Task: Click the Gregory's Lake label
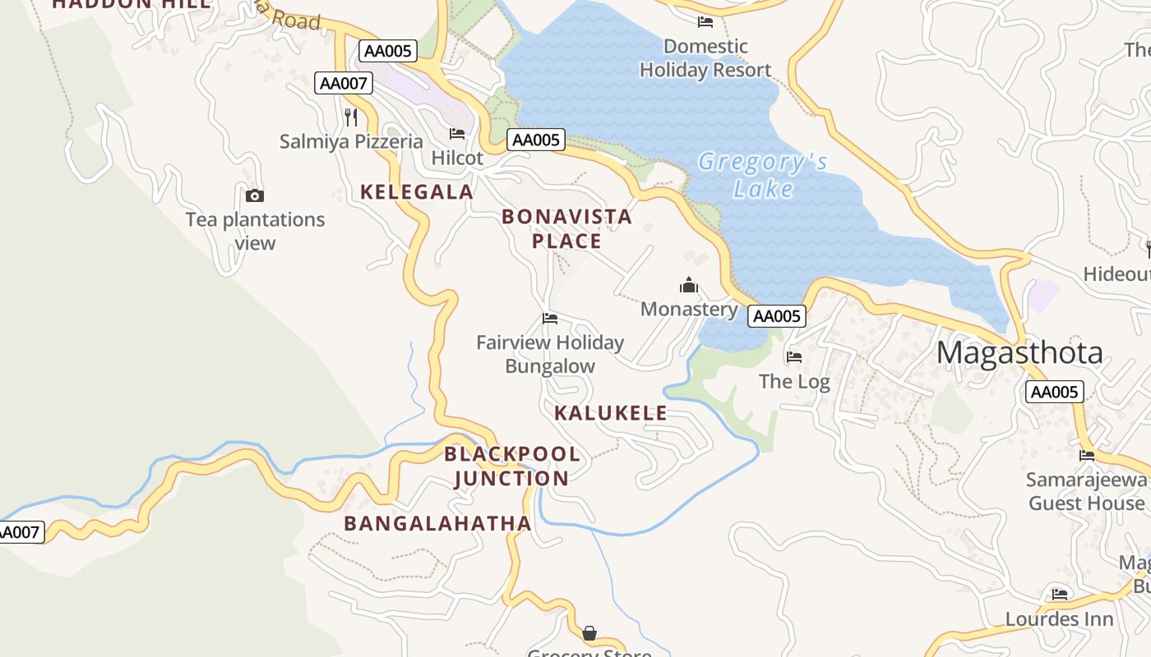click(x=762, y=175)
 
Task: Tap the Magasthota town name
click(x=1019, y=352)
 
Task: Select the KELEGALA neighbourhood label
click(x=417, y=192)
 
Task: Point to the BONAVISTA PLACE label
click(x=566, y=228)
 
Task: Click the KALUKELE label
click(x=611, y=413)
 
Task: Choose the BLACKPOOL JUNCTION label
click(x=511, y=466)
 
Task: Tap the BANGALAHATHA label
click(x=437, y=523)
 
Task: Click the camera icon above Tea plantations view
click(x=255, y=195)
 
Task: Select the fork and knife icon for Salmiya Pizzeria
click(x=351, y=117)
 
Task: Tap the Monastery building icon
click(x=689, y=285)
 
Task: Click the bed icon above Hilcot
click(x=457, y=133)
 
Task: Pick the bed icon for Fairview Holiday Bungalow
click(x=550, y=319)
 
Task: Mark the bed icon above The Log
click(x=793, y=357)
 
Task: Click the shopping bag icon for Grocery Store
click(x=589, y=633)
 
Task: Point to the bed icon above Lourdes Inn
click(x=1059, y=595)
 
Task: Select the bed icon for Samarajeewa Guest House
click(x=1087, y=455)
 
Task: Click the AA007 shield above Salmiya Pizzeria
click(x=344, y=83)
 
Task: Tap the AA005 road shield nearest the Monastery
click(x=776, y=316)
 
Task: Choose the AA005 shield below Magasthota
click(x=1054, y=392)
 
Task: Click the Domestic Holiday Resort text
click(x=705, y=57)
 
